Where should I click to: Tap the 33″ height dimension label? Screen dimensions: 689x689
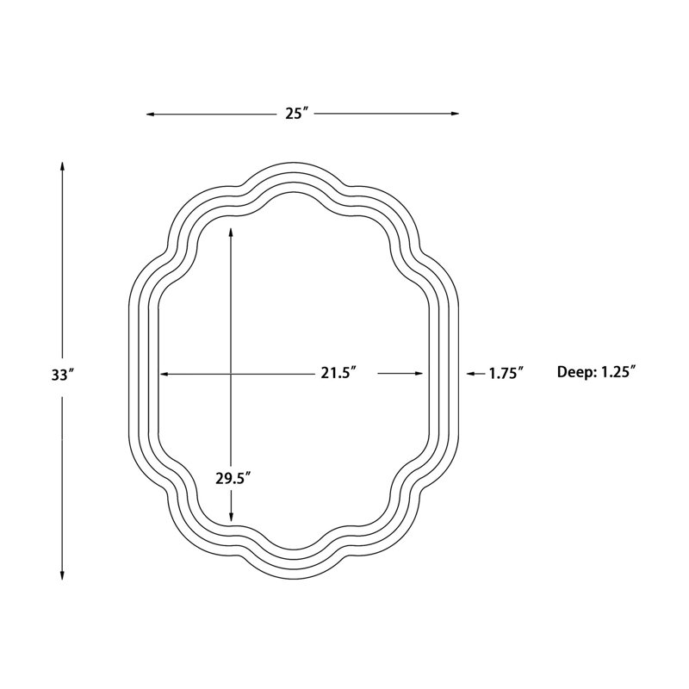(x=62, y=375)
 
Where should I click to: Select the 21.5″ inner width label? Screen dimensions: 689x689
(x=338, y=373)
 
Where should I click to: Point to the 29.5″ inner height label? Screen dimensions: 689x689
(x=233, y=478)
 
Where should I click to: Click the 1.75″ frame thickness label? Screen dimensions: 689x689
(x=506, y=373)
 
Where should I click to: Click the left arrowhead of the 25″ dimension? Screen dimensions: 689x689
(x=150, y=115)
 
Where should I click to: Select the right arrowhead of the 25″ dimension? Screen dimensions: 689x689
(x=455, y=114)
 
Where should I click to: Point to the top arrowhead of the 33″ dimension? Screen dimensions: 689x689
(x=62, y=166)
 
